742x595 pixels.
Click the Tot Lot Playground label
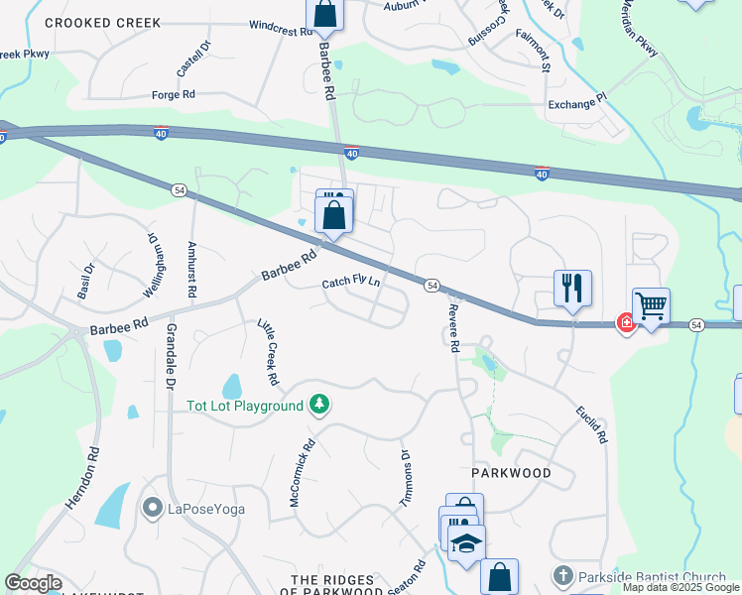tap(245, 406)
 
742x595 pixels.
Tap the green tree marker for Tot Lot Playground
tap(318, 404)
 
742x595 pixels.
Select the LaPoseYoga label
tap(205, 510)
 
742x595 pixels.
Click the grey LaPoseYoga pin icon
tap(152, 509)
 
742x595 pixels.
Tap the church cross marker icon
tap(561, 576)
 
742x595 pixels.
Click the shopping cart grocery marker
tap(651, 306)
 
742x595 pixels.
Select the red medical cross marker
tap(626, 322)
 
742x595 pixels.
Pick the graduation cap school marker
tap(466, 542)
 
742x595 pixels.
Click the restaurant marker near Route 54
tap(572, 288)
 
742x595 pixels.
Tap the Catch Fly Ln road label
tap(351, 283)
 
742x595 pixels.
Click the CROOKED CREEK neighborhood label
tap(89, 22)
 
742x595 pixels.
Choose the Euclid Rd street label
tap(592, 424)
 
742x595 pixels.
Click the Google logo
tap(33, 583)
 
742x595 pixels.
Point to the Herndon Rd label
tap(83, 478)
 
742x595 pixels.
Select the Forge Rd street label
tap(173, 94)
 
